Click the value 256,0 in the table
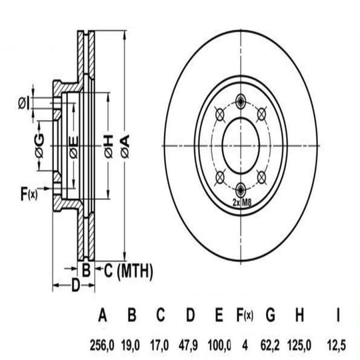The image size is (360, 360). coord(102,345)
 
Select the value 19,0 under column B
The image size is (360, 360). coord(130,345)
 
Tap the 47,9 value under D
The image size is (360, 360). coord(188,345)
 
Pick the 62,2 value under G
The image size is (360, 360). coord(270,345)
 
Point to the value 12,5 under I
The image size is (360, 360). coord(336,345)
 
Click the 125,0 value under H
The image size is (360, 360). coord(299,345)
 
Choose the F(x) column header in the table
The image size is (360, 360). coord(245,315)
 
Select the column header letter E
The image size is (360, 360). coord(219,315)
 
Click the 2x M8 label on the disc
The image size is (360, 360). coord(242,203)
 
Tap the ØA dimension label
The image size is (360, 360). coord(125,146)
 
